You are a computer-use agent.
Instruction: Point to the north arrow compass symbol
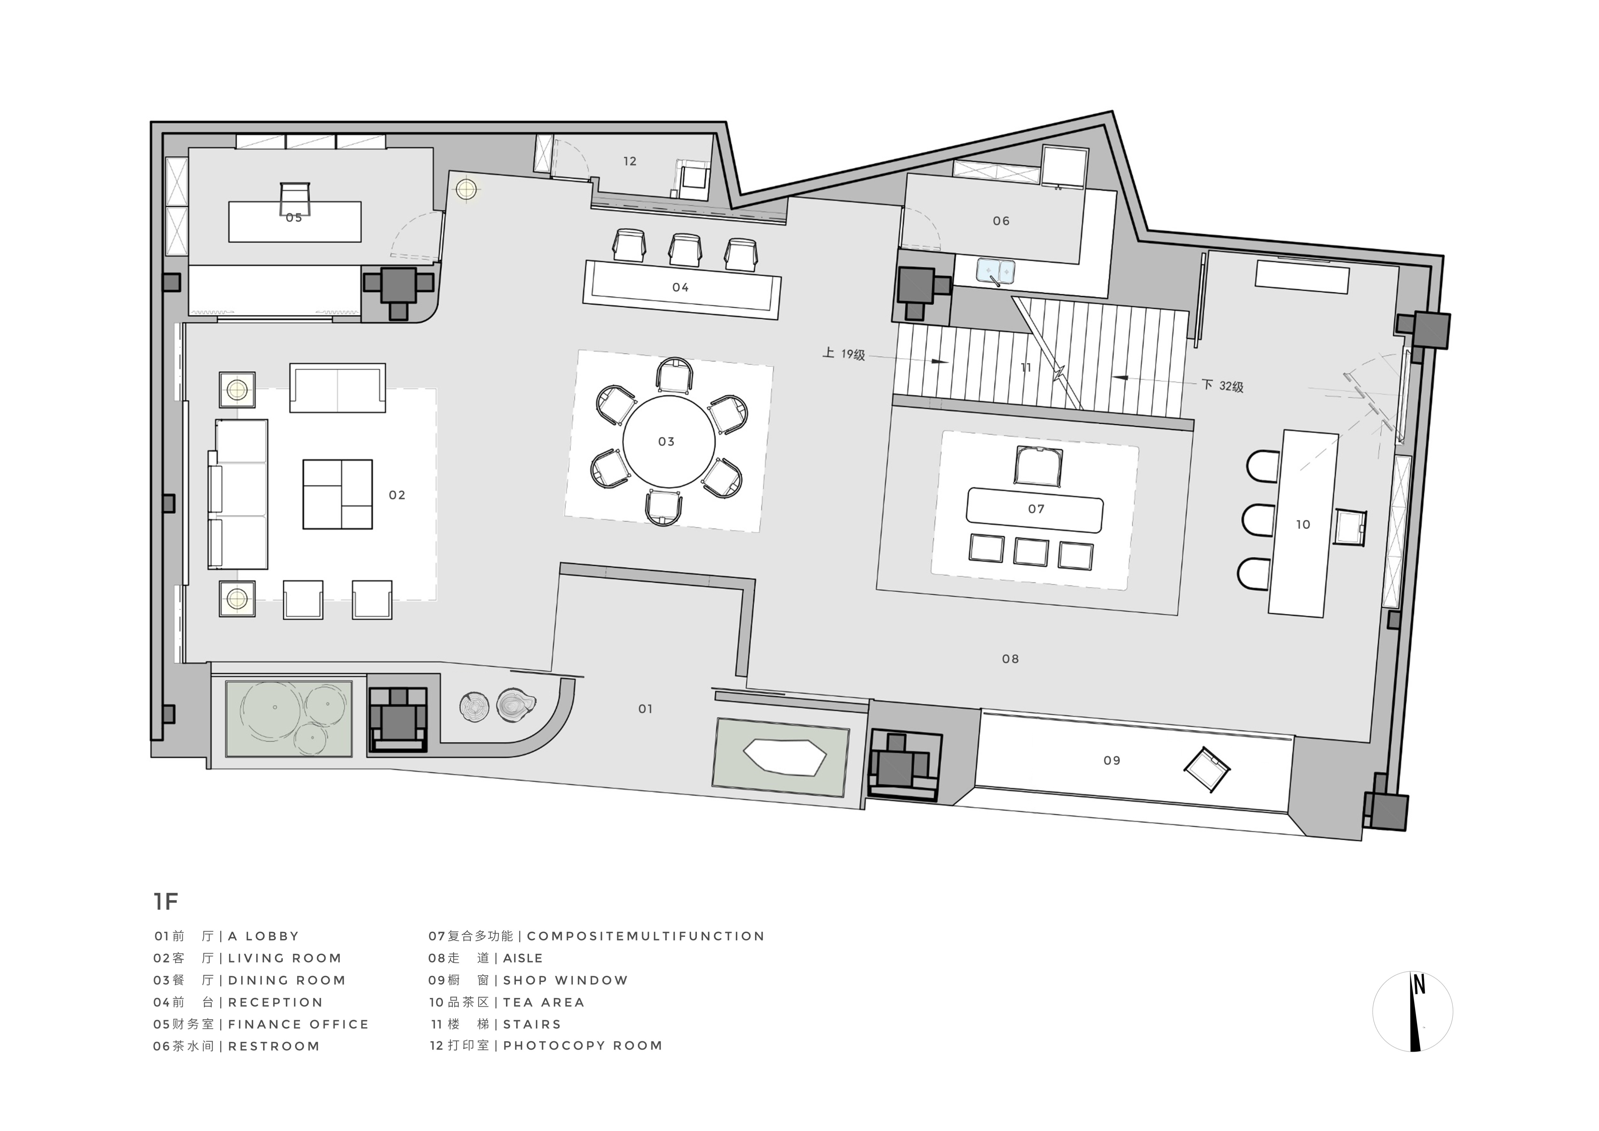(1412, 1011)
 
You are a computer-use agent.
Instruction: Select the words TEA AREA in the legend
(544, 1002)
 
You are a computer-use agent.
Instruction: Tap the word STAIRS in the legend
(532, 1024)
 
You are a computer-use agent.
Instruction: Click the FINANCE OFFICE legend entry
(298, 1024)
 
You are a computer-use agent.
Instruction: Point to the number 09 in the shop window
(1112, 760)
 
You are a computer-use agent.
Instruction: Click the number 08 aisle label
(1010, 658)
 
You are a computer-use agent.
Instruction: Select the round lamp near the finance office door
(466, 189)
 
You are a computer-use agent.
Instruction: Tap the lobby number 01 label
(646, 709)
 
